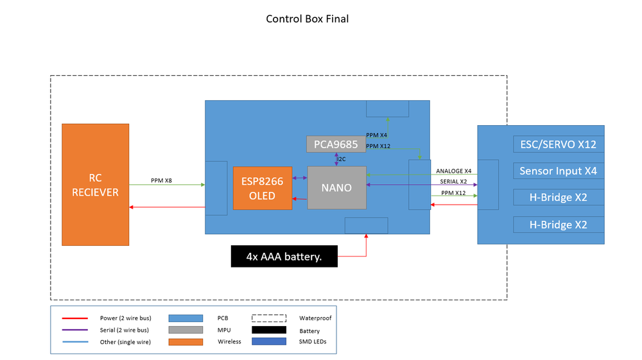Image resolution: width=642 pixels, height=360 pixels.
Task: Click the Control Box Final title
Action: tap(308, 19)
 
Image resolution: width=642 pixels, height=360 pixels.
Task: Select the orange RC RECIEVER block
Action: tap(95, 184)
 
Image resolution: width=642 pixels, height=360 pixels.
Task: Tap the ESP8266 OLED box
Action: tap(262, 188)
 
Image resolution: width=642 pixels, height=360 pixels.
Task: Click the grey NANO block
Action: tap(336, 187)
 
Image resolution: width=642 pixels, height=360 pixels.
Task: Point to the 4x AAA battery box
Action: tap(284, 257)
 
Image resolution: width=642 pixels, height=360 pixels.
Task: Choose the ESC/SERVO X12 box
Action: tap(558, 144)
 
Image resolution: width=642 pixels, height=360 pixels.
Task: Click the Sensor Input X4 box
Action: tap(558, 171)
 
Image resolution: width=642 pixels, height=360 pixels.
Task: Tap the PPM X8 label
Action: tap(161, 180)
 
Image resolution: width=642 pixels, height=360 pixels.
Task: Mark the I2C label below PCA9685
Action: tap(342, 159)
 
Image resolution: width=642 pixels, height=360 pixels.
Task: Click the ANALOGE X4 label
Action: tap(453, 171)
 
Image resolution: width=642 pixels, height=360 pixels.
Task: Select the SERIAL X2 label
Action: tap(453, 182)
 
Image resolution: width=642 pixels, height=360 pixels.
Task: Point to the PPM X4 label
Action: tap(376, 135)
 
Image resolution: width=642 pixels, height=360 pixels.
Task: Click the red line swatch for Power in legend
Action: tap(74, 318)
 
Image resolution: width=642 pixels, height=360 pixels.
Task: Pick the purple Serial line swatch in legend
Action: tap(74, 330)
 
